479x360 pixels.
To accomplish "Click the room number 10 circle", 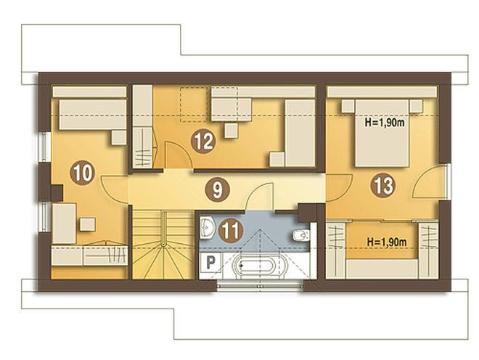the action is click(83, 173).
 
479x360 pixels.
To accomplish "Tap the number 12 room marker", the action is click(203, 141).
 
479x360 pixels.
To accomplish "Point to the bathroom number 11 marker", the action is click(231, 231).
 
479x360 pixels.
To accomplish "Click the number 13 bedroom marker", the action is click(383, 185).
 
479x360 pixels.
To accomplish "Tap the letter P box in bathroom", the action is click(210, 262).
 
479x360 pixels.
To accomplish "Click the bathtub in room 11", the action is click(260, 266).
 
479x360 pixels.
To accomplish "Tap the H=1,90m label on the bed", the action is click(385, 123).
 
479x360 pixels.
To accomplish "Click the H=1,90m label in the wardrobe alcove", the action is click(386, 242).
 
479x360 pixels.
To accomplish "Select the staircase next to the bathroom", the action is click(164, 244).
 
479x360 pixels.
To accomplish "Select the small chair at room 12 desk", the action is click(232, 131).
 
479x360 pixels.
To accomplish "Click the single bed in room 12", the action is click(300, 134).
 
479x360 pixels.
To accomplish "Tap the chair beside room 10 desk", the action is click(88, 224).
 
